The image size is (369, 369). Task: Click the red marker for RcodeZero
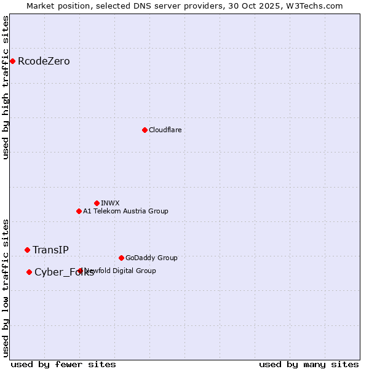coord(12,61)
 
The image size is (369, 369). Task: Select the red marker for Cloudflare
coord(145,130)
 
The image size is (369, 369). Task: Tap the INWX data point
coord(97,203)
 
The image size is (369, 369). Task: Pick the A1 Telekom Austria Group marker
coord(79,211)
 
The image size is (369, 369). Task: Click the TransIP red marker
coord(27,250)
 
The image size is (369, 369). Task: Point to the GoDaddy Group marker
coord(121,258)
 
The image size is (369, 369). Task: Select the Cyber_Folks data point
coord(29,272)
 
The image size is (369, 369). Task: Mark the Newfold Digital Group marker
coord(81,271)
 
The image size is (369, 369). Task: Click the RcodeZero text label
coord(44,61)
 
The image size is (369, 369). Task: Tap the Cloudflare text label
coord(165,130)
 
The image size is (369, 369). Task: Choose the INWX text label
coord(110,203)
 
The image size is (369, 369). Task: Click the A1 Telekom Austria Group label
coord(125,211)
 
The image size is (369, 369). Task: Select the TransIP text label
coord(50,250)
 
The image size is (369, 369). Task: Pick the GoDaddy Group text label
coord(151,258)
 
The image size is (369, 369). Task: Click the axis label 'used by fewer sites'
coord(63,364)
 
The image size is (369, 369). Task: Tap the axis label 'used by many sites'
coord(309,364)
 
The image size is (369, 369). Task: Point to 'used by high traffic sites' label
coord(6,87)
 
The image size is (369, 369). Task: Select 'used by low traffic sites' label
coord(6,287)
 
